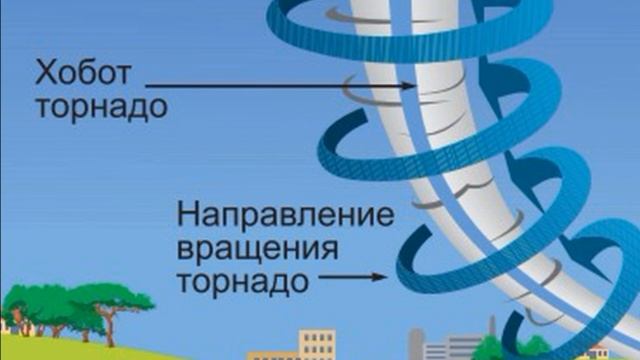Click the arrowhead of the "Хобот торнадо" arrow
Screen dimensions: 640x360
409,87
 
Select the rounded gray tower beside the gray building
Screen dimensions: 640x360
416,345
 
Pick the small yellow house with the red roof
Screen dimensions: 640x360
598,352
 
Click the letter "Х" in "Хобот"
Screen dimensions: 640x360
46,74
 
